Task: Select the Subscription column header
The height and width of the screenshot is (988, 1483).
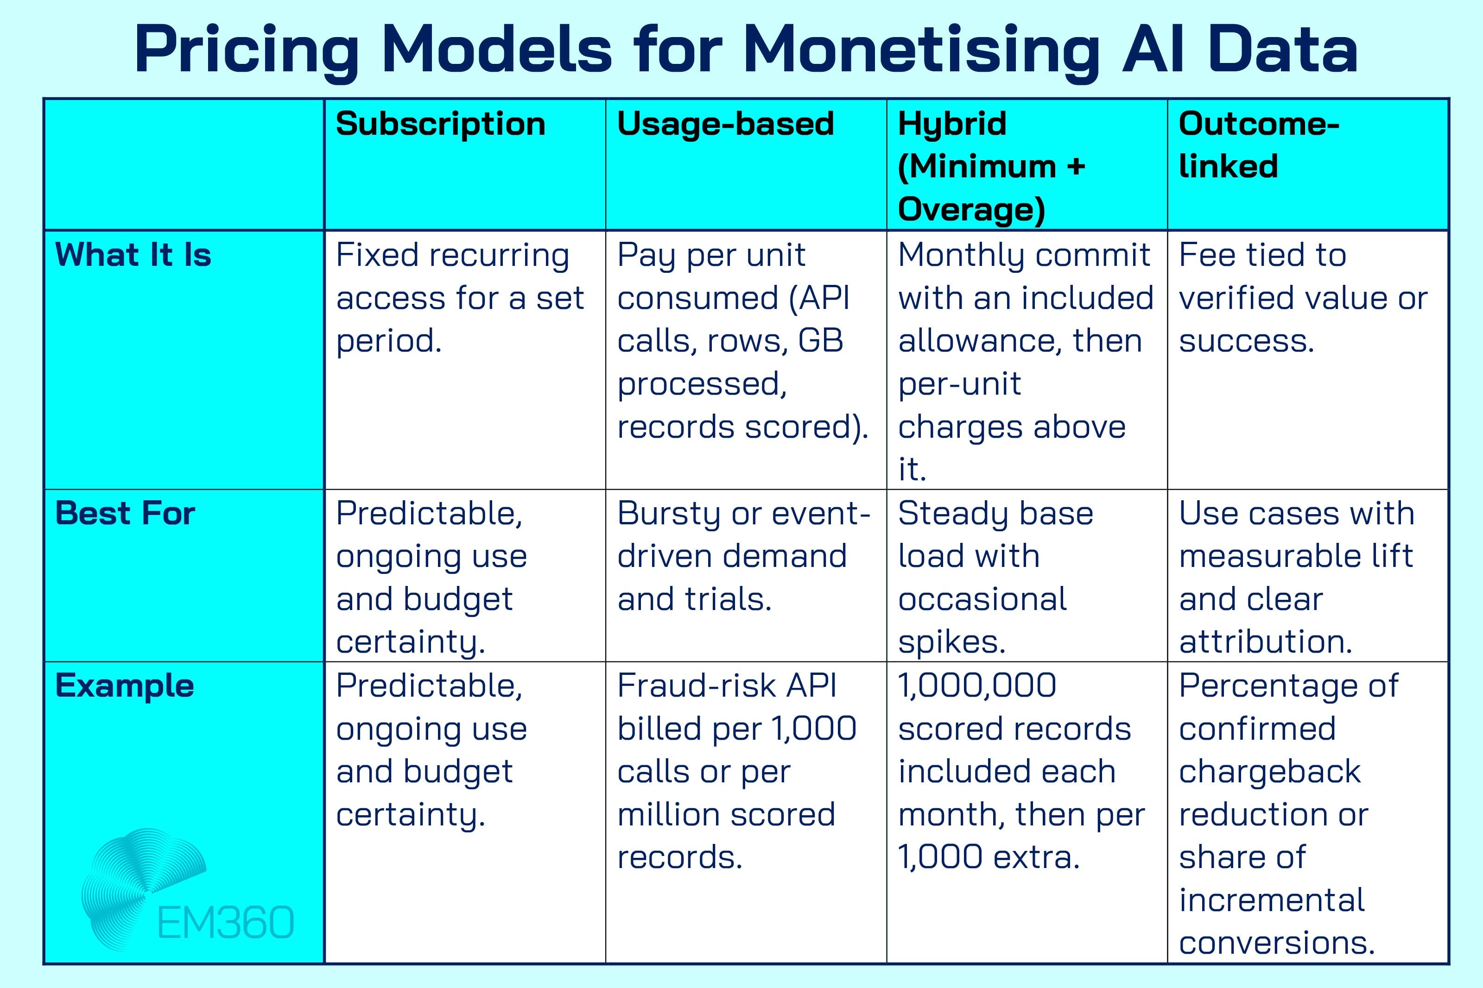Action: click(440, 124)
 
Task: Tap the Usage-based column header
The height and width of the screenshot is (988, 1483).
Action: click(725, 124)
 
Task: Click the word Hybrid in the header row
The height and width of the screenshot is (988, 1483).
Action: click(952, 124)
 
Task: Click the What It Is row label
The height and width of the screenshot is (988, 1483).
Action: click(133, 255)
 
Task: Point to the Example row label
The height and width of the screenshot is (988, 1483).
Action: click(124, 686)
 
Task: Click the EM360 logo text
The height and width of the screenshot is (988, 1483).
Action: click(225, 923)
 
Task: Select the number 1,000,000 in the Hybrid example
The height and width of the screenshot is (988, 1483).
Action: click(977, 686)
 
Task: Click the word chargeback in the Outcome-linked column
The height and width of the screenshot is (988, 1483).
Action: click(1269, 772)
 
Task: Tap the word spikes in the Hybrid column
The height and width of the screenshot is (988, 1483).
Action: click(951, 643)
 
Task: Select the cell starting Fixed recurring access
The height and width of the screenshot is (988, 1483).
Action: click(460, 297)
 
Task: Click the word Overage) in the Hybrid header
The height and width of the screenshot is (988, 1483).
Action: click(970, 210)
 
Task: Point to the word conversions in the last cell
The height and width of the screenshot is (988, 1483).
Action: click(1276, 943)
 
